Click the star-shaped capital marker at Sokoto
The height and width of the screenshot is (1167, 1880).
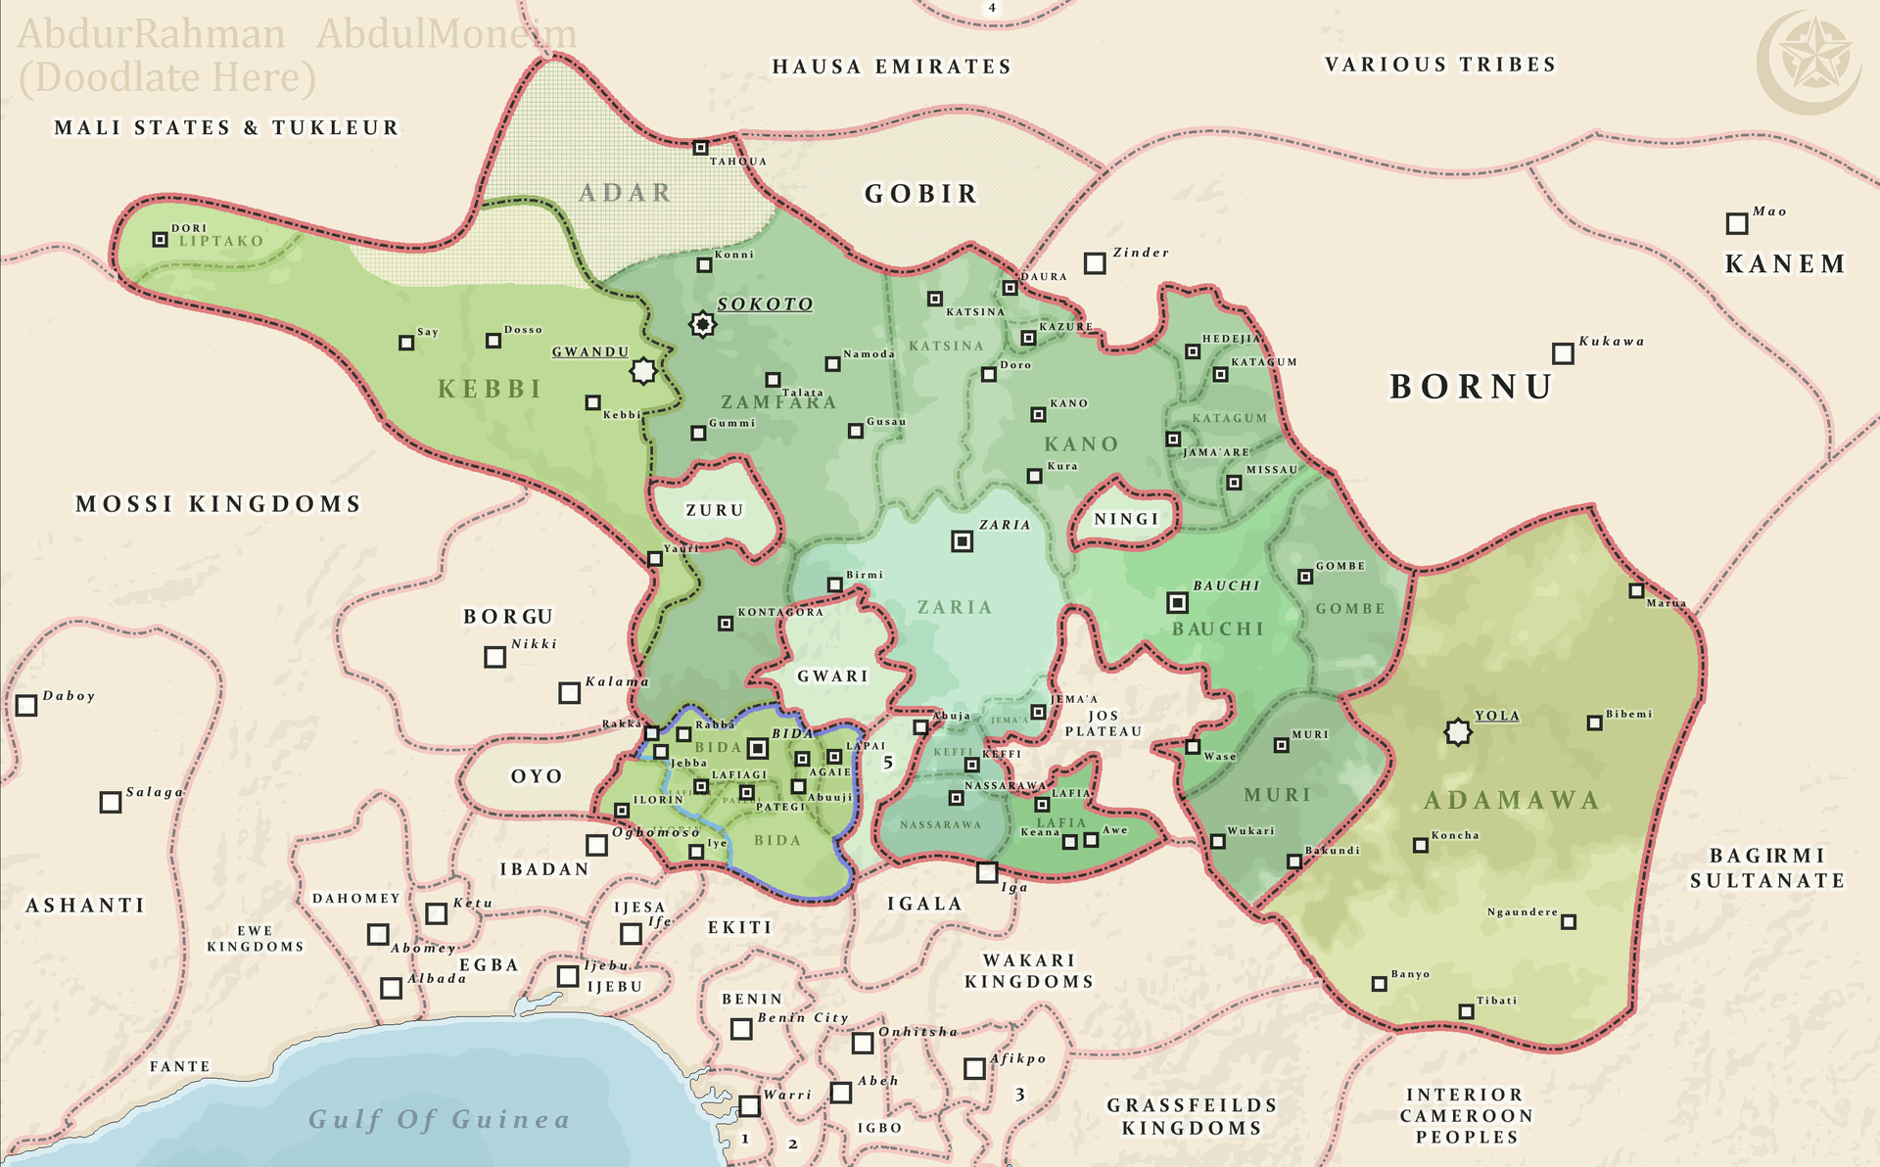tap(702, 324)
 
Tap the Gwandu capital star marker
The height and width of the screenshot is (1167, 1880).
tap(643, 371)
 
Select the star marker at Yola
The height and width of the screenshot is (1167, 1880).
tap(1458, 731)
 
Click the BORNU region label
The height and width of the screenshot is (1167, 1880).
tap(1471, 387)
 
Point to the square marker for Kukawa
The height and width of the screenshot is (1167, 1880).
tap(1563, 353)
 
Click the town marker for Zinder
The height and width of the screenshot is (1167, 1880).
tap(1095, 263)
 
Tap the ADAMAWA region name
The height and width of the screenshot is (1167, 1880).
tap(1511, 800)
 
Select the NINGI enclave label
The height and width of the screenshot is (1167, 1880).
tap(1126, 519)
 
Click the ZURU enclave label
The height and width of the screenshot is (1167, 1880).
tap(715, 510)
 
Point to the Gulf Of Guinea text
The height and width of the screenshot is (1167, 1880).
tap(439, 1119)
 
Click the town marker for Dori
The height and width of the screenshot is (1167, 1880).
tap(161, 239)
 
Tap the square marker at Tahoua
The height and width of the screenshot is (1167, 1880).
tap(700, 148)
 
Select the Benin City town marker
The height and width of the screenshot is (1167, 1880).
tap(741, 1029)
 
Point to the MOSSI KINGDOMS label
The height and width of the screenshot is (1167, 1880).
tap(218, 504)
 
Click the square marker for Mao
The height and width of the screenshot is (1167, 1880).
tap(1736, 224)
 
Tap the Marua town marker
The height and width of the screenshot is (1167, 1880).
tap(1636, 590)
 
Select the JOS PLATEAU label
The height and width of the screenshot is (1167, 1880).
tap(1103, 724)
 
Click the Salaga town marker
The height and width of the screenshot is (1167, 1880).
tap(111, 803)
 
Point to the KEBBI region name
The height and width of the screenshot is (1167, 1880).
tap(490, 389)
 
